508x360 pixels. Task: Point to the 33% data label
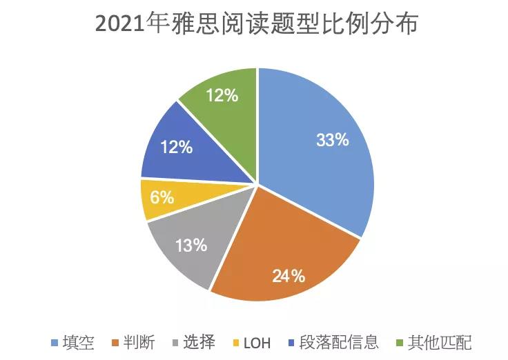coord(333,140)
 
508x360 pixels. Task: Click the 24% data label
coord(289,277)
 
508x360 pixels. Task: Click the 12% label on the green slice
coord(222,96)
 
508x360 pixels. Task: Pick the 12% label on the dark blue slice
coord(175,147)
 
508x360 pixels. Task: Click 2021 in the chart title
coord(117,25)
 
